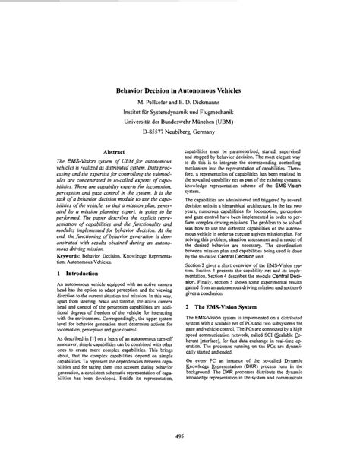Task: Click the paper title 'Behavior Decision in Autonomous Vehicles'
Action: pyautogui.click(x=179, y=88)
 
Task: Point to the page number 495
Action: pyautogui.click(x=180, y=436)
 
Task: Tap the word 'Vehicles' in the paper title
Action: pyautogui.click(x=231, y=88)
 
